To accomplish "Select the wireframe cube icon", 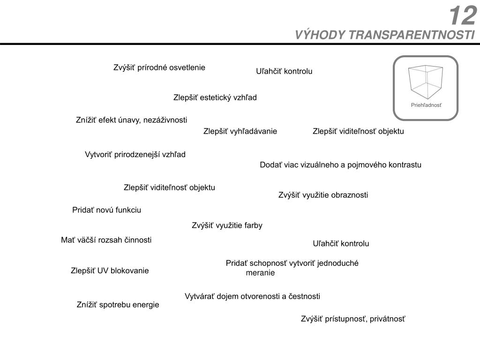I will [x=426, y=81].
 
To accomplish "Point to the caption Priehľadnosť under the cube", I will [x=426, y=105].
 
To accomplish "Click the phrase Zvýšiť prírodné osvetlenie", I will [x=159, y=67].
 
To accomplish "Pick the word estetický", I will [x=217, y=97].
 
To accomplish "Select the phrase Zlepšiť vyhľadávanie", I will [x=240, y=131].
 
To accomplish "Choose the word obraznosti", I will [x=350, y=195].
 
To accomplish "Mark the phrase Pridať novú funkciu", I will [x=106, y=210].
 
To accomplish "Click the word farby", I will [x=253, y=225].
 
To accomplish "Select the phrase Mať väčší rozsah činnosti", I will [x=106, y=240].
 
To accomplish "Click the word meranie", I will [x=260, y=273].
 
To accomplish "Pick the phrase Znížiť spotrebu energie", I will [x=118, y=305].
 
